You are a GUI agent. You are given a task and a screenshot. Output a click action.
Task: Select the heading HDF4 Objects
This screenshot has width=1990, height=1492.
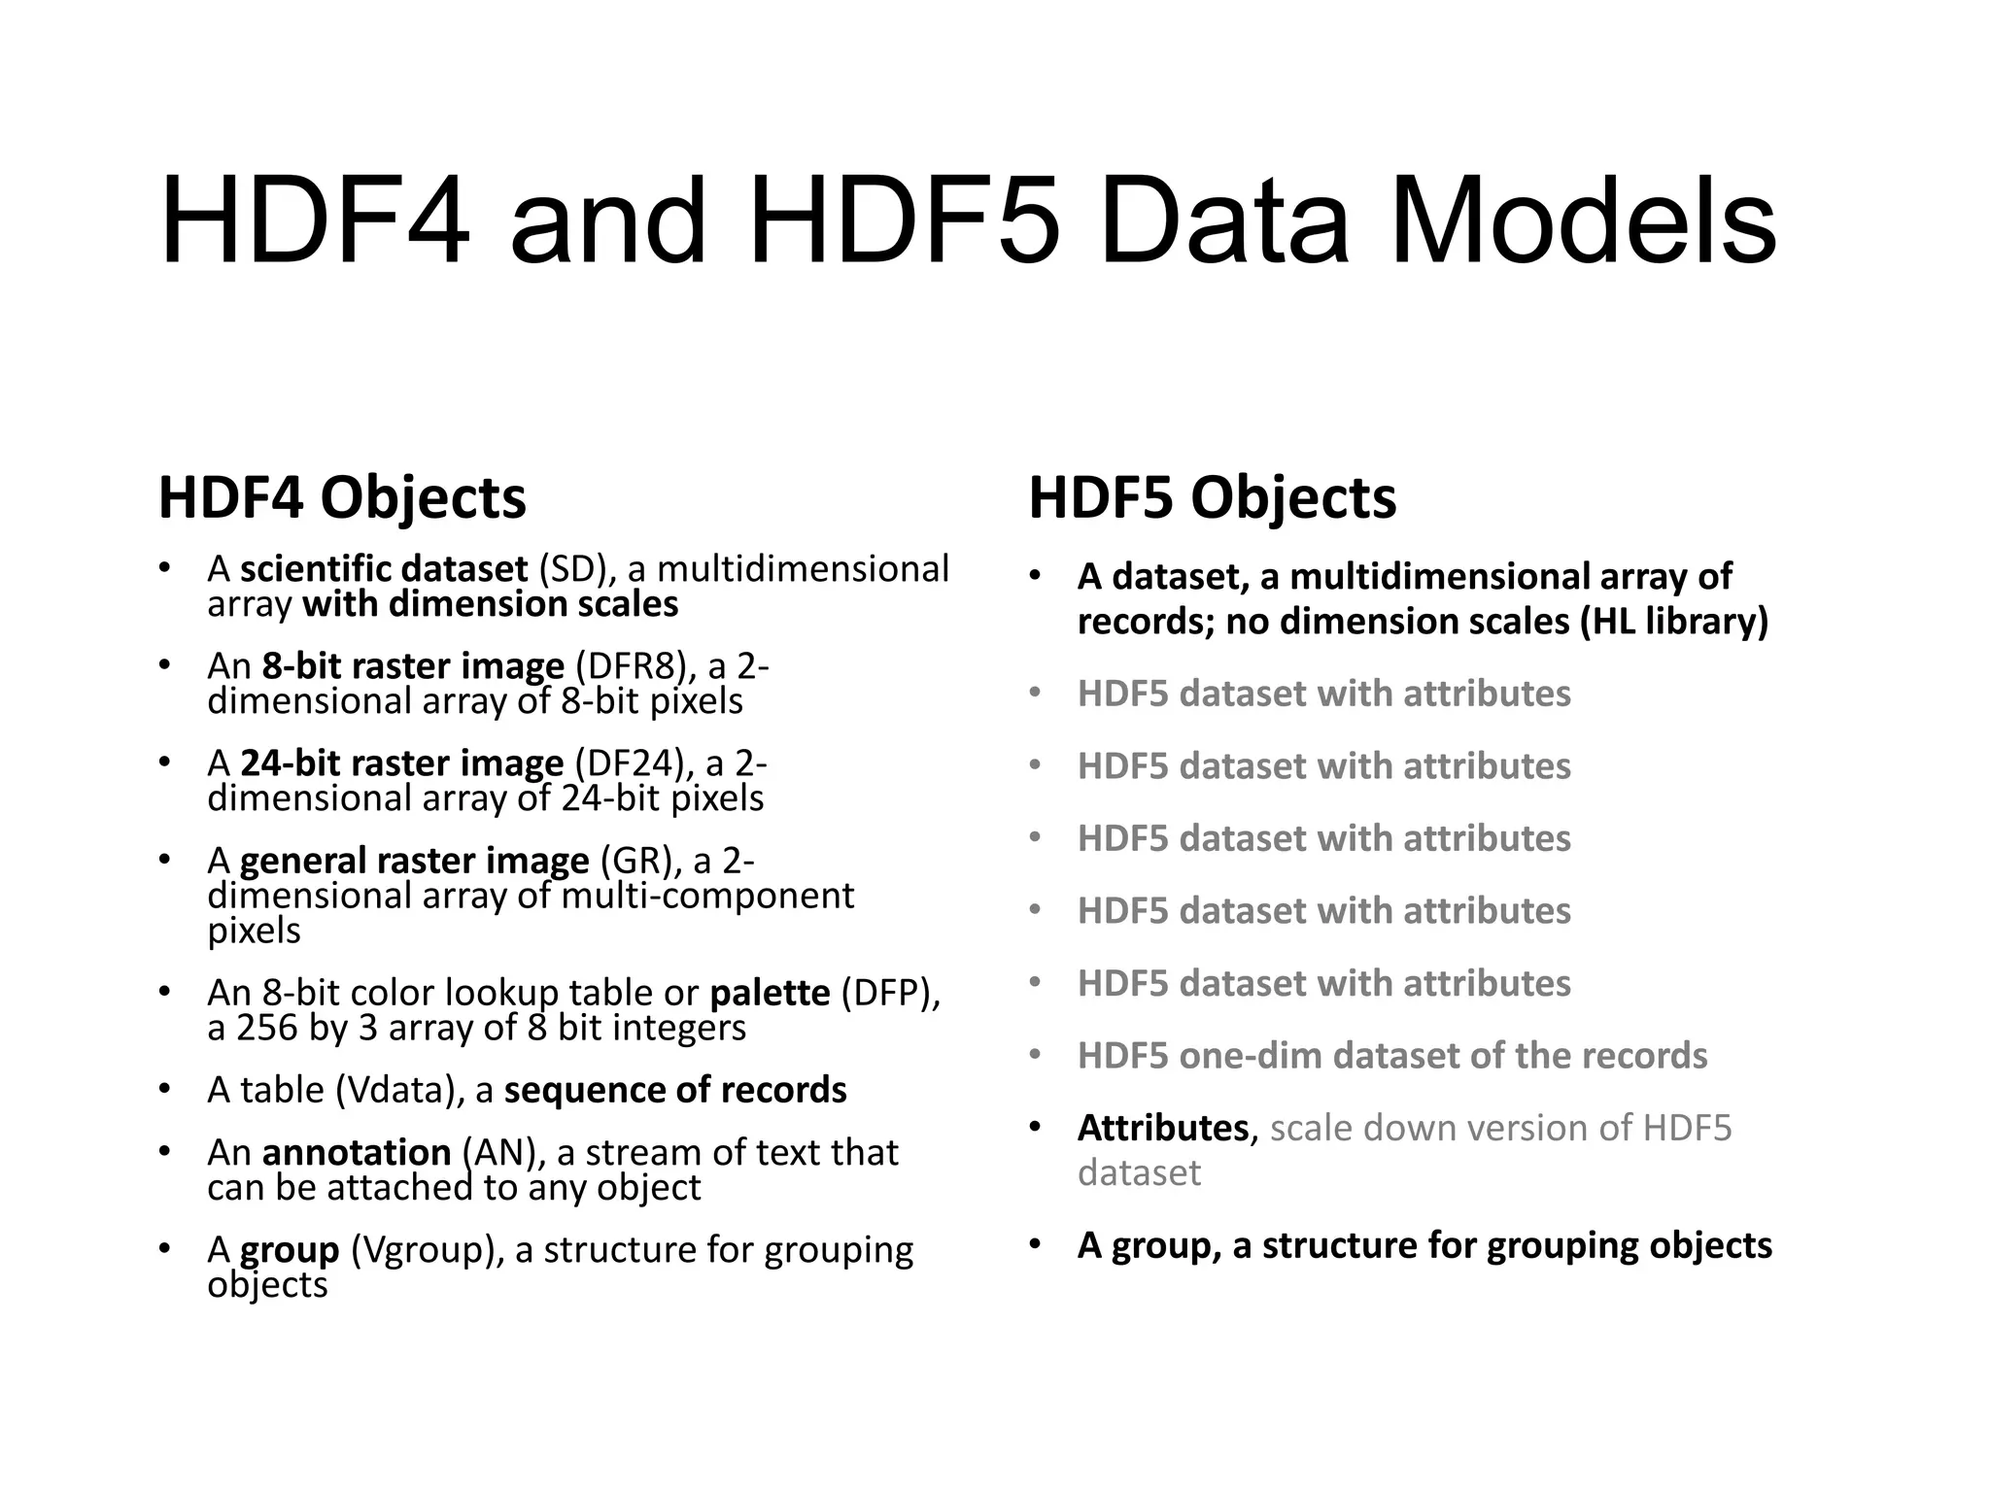click(x=342, y=498)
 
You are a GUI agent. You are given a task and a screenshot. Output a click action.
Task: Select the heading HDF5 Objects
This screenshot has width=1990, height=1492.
click(x=1212, y=498)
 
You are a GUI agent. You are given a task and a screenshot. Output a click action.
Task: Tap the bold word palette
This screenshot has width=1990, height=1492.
click(x=770, y=993)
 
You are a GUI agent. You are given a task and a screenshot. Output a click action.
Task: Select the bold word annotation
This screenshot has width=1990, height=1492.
click(x=356, y=1152)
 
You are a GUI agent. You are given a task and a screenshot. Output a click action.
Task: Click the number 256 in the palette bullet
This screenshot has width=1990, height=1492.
click(x=266, y=1028)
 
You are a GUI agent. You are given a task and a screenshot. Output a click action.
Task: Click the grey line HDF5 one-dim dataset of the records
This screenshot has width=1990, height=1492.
click(x=1391, y=1056)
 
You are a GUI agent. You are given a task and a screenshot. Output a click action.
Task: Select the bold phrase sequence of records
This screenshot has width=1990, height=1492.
click(x=675, y=1090)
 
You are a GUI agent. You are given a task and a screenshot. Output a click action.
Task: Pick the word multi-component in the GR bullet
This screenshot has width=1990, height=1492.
click(x=707, y=896)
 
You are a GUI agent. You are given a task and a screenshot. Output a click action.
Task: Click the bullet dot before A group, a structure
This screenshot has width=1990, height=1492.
click(x=1035, y=1244)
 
